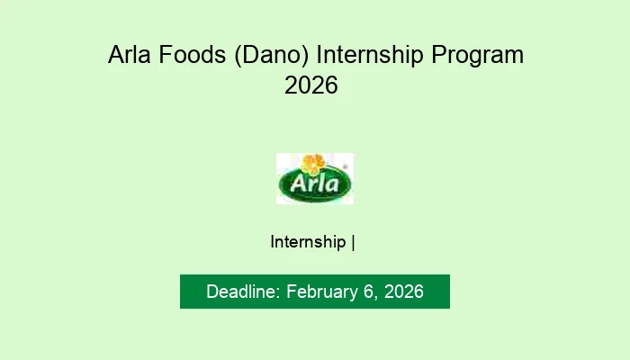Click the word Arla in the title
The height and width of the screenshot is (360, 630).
[129, 56]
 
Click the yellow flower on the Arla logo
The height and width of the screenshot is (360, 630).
[312, 164]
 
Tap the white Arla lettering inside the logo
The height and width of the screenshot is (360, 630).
[314, 186]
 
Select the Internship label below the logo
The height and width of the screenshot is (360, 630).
[308, 242]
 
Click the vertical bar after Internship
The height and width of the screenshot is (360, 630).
[353, 242]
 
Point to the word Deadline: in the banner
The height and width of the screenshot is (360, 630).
[244, 292]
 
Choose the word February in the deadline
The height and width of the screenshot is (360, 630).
[321, 292]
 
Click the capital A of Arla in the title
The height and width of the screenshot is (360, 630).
[116, 56]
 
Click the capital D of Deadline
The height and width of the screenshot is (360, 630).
[212, 292]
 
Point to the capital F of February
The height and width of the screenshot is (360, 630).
[292, 292]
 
